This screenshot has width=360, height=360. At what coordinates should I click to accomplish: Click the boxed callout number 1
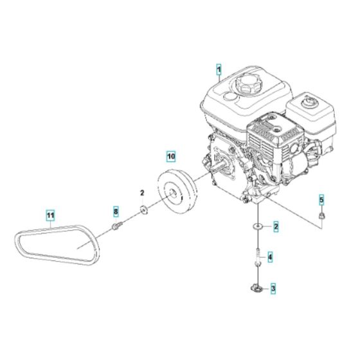219,69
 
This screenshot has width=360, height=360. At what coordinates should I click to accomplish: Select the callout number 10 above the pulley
170,156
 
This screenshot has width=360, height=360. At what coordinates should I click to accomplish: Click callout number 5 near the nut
322,199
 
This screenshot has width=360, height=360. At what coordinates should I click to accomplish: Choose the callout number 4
271,258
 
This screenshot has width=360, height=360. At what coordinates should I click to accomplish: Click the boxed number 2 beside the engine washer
275,226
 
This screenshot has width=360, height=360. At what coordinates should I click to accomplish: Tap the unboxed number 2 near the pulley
143,192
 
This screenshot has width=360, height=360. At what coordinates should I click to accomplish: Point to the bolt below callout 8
116,226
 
